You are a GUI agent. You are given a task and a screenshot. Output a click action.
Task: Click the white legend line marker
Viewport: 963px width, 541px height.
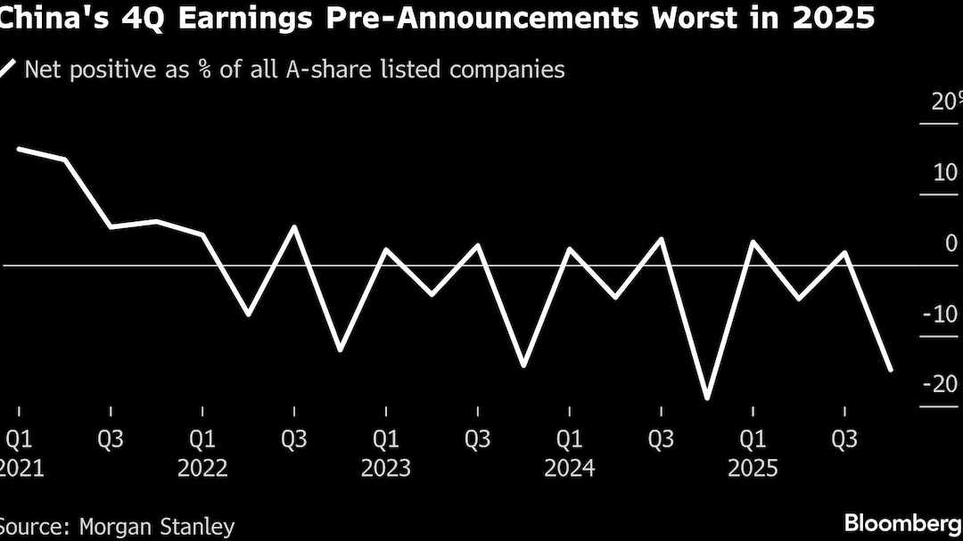8,68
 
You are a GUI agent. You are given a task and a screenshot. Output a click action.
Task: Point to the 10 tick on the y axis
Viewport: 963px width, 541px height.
945,172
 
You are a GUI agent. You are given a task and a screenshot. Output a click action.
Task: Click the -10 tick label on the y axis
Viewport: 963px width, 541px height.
940,314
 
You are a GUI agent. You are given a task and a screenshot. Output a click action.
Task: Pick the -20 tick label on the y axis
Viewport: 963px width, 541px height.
940,384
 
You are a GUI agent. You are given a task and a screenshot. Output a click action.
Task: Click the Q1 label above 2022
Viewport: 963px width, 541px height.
202,439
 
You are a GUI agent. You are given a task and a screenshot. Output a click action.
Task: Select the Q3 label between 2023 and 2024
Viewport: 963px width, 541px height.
477,439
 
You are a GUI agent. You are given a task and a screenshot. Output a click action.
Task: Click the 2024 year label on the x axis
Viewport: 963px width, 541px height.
569,469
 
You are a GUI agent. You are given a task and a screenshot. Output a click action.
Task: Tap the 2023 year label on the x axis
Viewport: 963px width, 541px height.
385,469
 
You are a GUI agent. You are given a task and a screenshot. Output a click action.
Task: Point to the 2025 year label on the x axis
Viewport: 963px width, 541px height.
753,469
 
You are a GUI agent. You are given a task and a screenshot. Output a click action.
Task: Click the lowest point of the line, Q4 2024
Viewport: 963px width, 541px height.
707,398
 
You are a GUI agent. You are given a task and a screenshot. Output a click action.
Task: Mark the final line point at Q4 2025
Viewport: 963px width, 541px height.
890,369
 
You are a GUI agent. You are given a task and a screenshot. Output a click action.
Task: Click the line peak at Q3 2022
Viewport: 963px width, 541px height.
294,226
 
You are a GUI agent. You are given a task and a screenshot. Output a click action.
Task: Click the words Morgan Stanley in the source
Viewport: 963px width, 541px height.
157,527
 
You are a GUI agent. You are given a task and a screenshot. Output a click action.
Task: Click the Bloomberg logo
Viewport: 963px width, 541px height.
902,522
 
